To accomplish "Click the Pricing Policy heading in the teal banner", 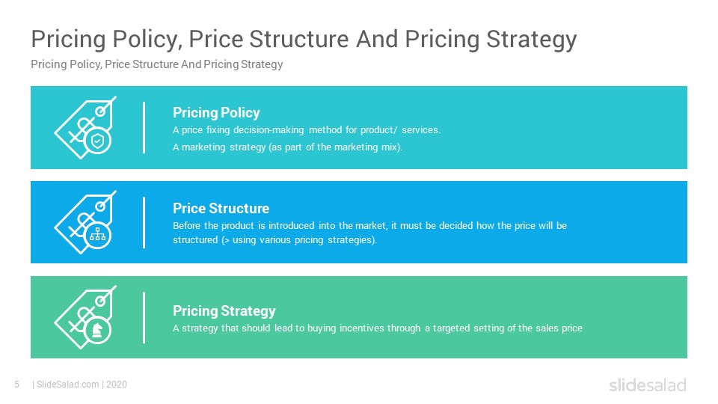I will (x=216, y=113).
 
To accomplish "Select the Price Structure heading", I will (x=221, y=208).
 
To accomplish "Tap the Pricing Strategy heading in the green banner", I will (x=224, y=310).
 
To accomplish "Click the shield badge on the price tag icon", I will (x=97, y=141).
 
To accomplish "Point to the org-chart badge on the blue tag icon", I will (x=97, y=236).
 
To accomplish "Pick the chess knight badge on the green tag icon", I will (x=97, y=331).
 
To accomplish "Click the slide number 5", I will (x=16, y=385).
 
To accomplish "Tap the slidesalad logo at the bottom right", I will (x=647, y=385).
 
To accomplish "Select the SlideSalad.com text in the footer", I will (x=67, y=385).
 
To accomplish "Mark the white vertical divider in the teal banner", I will (x=144, y=127).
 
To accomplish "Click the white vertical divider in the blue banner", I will (x=144, y=222).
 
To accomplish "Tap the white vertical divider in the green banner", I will (x=144, y=317).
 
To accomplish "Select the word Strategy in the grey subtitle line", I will (x=262, y=64).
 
